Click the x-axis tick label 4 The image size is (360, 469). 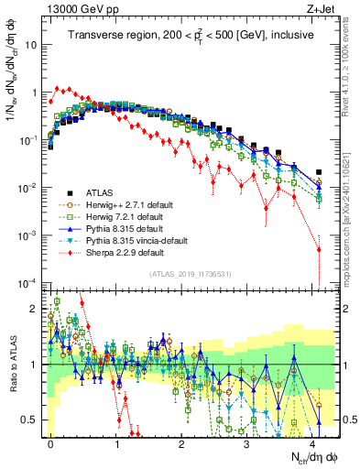pyautogui.click(x=312, y=442)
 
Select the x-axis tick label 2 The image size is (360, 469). pyautogui.click(x=181, y=442)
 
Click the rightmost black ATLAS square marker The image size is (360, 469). pyautogui.click(x=319, y=172)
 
